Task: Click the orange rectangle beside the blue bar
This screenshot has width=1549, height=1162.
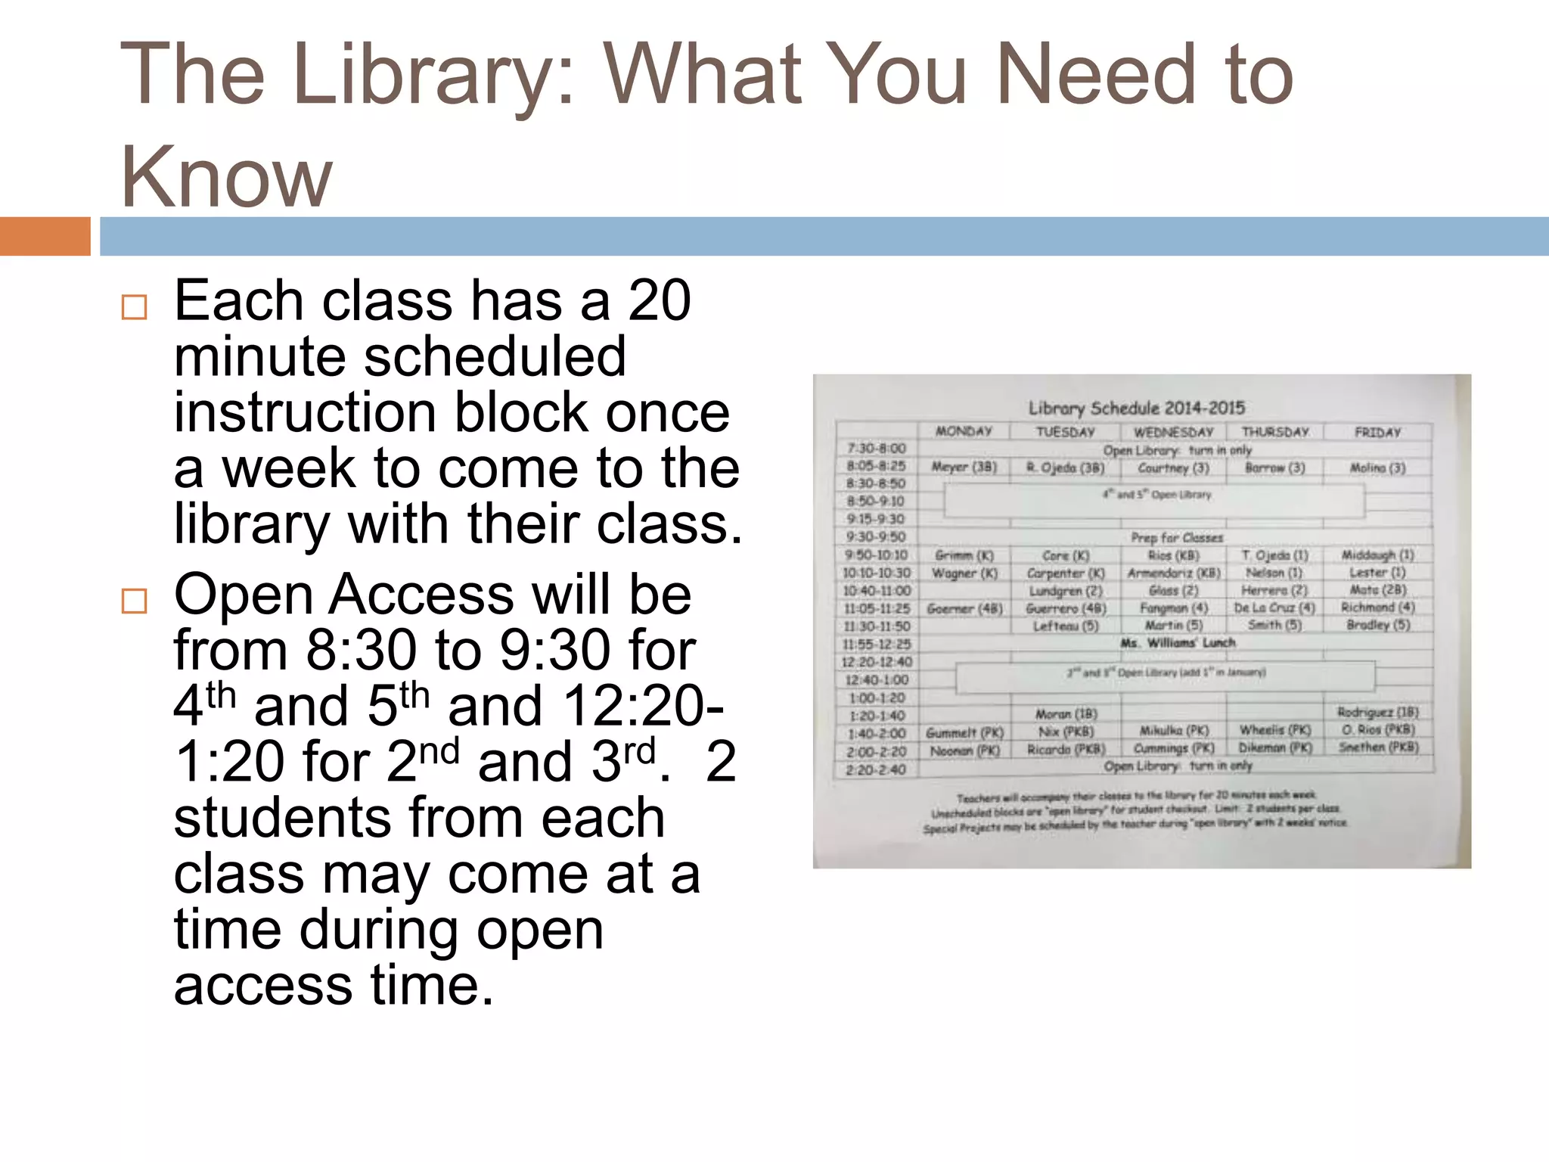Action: coord(45,236)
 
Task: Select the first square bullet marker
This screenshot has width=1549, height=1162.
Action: coord(134,307)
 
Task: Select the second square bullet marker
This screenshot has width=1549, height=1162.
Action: coord(134,601)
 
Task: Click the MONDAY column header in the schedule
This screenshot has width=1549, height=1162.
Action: coord(964,431)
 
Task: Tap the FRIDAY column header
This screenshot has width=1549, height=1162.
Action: coord(1377,432)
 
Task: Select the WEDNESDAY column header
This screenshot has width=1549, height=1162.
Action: coord(1173,432)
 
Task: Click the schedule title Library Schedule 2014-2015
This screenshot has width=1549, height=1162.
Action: coord(1136,408)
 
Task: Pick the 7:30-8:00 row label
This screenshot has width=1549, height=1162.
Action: coord(876,449)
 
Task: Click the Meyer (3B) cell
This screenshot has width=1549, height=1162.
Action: coord(964,467)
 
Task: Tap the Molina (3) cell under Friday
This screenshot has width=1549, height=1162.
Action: coord(1377,468)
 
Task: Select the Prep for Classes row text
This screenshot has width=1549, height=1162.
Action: coord(1177,538)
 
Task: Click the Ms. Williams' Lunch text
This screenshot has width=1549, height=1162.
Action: coord(1178,643)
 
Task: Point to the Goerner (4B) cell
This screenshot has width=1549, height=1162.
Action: coord(964,608)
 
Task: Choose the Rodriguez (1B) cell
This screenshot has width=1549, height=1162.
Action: coord(1377,712)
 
